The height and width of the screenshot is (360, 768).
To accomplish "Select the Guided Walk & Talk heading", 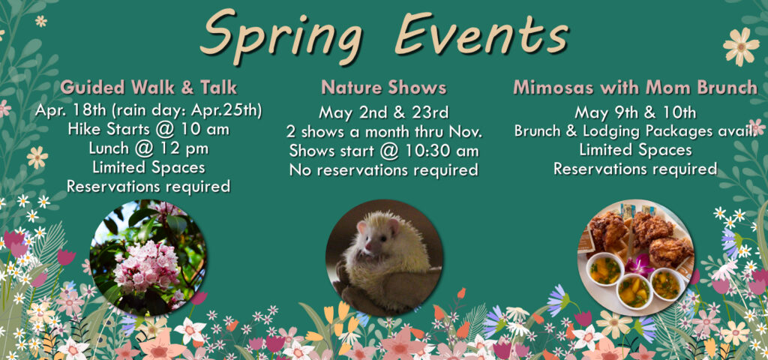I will tap(148, 87).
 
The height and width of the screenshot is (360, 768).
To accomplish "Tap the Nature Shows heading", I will tap(383, 88).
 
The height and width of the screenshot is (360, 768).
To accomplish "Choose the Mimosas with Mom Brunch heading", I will tap(634, 87).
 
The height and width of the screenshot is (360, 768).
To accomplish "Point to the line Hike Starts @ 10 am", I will tap(148, 129).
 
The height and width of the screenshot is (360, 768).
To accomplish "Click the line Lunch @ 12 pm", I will tap(148, 148).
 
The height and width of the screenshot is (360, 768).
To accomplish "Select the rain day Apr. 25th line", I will tap(148, 110).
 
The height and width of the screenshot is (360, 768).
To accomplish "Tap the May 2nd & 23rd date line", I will tap(383, 112).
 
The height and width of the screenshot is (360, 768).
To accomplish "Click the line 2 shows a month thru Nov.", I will tap(383, 131).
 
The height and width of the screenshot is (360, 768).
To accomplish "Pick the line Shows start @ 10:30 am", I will tap(383, 150).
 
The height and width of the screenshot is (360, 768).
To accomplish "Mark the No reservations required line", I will tap(383, 169).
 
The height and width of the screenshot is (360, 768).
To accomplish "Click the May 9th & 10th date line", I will tap(634, 112).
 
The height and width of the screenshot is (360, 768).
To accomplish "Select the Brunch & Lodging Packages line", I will tap(634, 131).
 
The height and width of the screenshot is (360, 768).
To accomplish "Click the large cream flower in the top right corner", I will tap(740, 46).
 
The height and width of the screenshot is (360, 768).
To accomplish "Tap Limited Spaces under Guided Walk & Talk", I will tap(148, 166).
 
